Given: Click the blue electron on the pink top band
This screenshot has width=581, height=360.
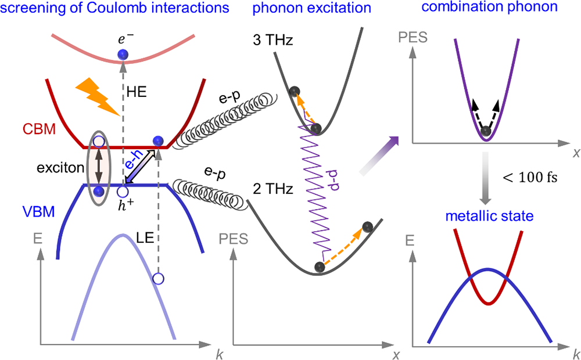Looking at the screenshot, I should click(122, 55).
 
